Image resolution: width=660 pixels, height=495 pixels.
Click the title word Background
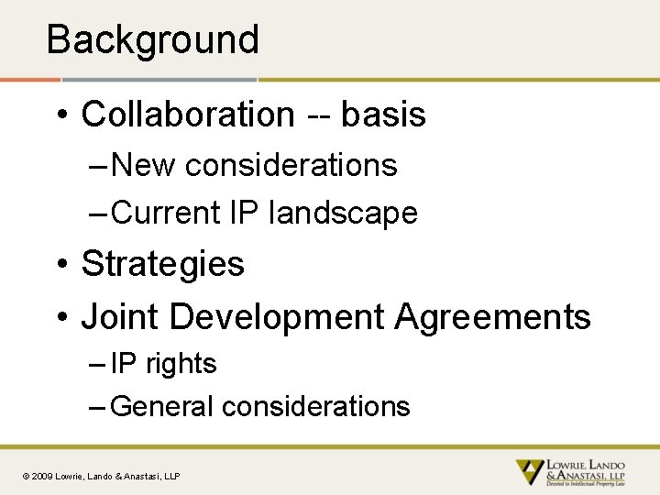(152, 39)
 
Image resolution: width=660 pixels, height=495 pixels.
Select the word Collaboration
(188, 115)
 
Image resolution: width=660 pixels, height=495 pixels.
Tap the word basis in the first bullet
(383, 115)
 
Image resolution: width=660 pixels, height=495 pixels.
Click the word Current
(166, 213)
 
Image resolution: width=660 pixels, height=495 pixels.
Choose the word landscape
(343, 213)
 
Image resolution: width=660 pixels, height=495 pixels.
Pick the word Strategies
(163, 264)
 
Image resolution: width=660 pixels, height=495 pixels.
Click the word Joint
(121, 317)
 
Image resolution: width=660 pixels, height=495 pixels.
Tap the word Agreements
(493, 317)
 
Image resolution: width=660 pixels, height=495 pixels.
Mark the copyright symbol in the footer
(26, 477)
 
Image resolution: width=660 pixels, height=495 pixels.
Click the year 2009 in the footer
(42, 477)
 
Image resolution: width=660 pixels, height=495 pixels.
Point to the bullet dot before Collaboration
(61, 116)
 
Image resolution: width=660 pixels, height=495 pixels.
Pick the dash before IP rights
(98, 365)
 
